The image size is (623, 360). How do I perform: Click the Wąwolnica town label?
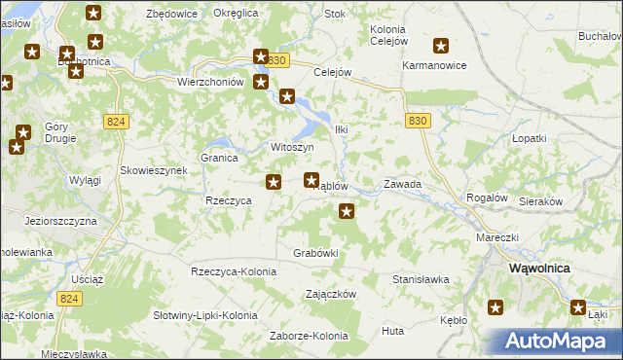pyautogui.click(x=540, y=268)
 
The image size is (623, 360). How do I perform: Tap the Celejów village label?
pyautogui.click(x=332, y=72)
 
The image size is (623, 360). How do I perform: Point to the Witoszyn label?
pyautogui.click(x=291, y=147)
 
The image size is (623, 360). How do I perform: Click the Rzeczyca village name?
pyautogui.click(x=230, y=199)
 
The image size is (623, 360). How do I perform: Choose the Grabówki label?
pyautogui.click(x=315, y=253)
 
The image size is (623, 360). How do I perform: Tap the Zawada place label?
pyautogui.click(x=402, y=183)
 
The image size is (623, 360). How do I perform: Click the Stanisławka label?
pyautogui.click(x=421, y=279)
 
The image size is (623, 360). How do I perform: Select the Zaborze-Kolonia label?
pyautogui.click(x=309, y=336)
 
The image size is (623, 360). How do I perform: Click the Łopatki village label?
pyautogui.click(x=531, y=138)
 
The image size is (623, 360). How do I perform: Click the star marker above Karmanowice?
pyautogui.click(x=441, y=45)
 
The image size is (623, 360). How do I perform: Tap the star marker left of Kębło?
pyautogui.click(x=495, y=308)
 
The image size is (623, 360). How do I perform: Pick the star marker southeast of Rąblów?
pyautogui.click(x=346, y=210)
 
